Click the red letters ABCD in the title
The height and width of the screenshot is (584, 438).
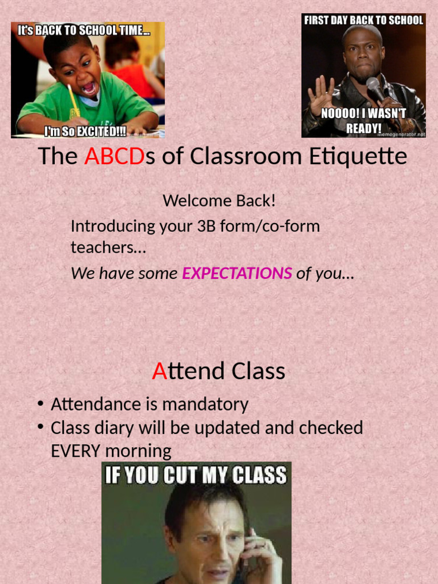115,156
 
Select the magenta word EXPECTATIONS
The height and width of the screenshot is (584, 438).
237,274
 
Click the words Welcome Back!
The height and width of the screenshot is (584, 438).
219,201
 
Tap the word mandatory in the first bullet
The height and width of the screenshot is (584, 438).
205,404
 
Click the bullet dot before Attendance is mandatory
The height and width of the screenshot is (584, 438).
40,404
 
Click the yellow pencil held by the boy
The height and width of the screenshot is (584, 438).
74,99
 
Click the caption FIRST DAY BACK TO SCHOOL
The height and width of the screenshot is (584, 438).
364,21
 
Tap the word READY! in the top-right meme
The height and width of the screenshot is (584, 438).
363,128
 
